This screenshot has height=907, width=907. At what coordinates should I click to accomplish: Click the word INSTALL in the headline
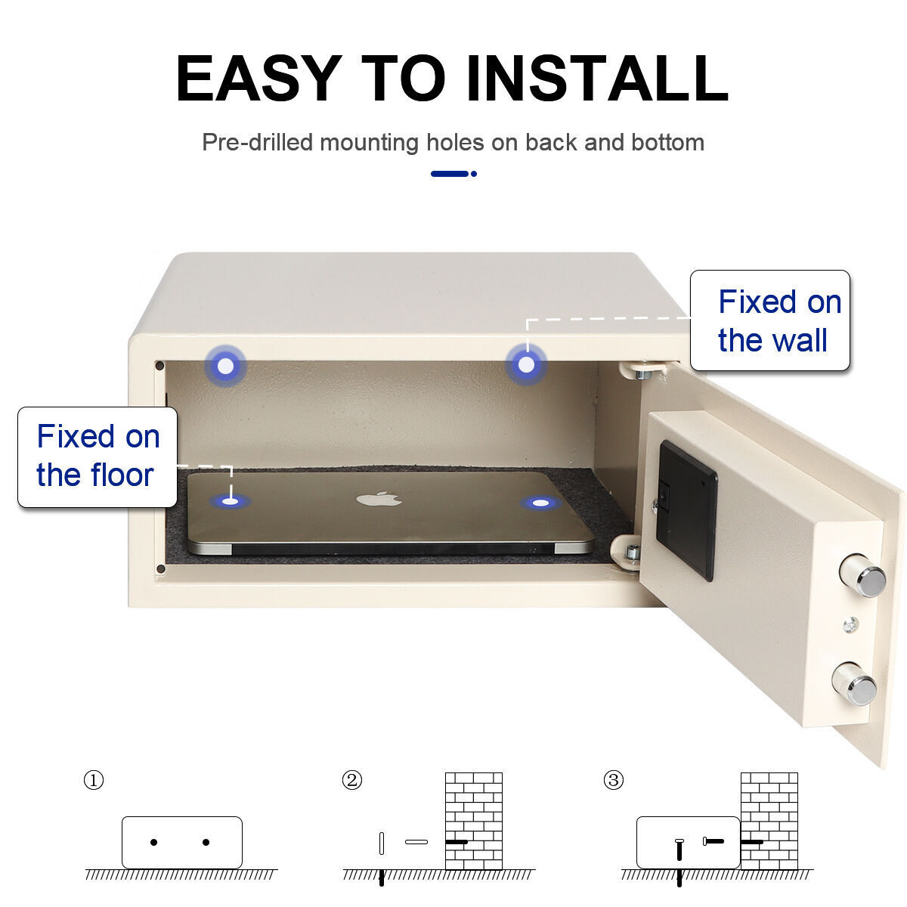pyautogui.click(x=597, y=78)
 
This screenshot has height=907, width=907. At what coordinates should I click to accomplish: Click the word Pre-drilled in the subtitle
pyautogui.click(x=258, y=143)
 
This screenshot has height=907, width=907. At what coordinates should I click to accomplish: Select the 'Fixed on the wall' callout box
pyautogui.click(x=769, y=320)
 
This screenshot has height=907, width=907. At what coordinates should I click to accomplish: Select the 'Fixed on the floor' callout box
pyautogui.click(x=98, y=457)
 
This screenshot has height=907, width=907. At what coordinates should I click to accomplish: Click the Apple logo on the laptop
pyautogui.click(x=379, y=498)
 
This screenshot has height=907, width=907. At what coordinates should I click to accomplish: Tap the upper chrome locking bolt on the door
pyautogui.click(x=863, y=575)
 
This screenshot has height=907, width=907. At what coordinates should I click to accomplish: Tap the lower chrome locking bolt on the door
pyautogui.click(x=854, y=683)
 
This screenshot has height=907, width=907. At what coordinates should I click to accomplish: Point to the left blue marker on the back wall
pyautogui.click(x=226, y=366)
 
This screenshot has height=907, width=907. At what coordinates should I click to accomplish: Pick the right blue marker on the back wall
pyautogui.click(x=526, y=364)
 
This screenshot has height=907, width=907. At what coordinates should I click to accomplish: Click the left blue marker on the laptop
pyautogui.click(x=231, y=501)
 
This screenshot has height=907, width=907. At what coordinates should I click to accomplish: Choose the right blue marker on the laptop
pyautogui.click(x=541, y=503)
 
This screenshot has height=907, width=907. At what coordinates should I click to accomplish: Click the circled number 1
pyautogui.click(x=93, y=780)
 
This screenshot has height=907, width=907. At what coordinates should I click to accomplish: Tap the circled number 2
pyautogui.click(x=352, y=780)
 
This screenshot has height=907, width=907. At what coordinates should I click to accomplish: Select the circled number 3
pyautogui.click(x=613, y=780)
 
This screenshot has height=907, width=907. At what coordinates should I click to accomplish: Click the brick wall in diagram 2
pyautogui.click(x=474, y=821)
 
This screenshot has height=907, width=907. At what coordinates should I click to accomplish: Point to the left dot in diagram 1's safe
pyautogui.click(x=154, y=842)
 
